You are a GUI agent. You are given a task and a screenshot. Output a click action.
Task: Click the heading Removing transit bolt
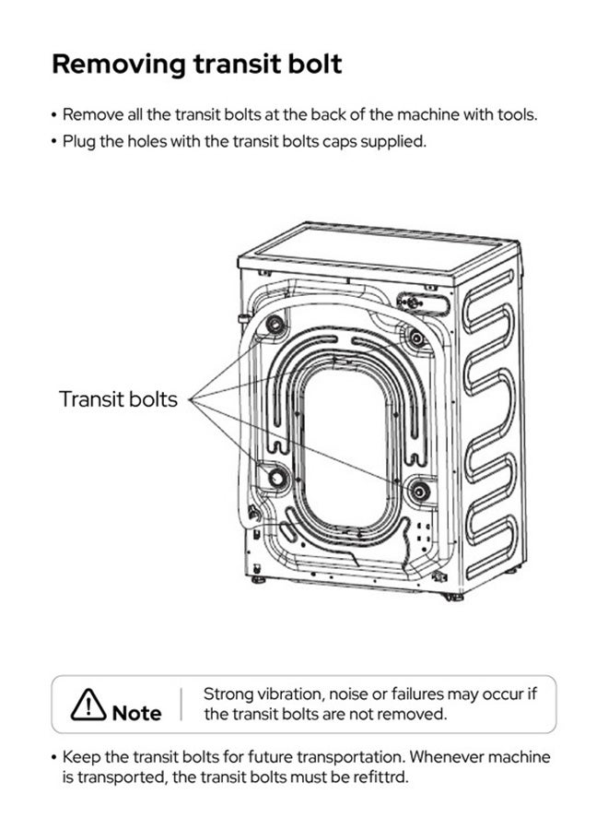tap(196, 64)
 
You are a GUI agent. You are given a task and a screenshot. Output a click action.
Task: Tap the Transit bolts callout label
tap(118, 399)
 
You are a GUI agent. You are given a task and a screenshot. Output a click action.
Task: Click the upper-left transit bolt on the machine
tap(275, 324)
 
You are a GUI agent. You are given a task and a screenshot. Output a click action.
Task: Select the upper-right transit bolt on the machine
tap(416, 338)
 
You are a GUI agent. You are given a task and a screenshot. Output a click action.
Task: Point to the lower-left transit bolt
tap(276, 478)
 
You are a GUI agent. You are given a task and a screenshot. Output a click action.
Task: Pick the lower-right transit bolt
tap(419, 491)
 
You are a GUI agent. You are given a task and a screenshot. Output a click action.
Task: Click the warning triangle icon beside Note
tap(88, 705)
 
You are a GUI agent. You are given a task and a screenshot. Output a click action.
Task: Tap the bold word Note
tap(136, 713)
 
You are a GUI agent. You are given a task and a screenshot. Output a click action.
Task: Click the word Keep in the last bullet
tap(82, 757)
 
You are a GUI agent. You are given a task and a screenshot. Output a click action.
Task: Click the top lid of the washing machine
tap(378, 253)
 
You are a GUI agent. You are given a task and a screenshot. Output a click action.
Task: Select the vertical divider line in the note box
tap(181, 704)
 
